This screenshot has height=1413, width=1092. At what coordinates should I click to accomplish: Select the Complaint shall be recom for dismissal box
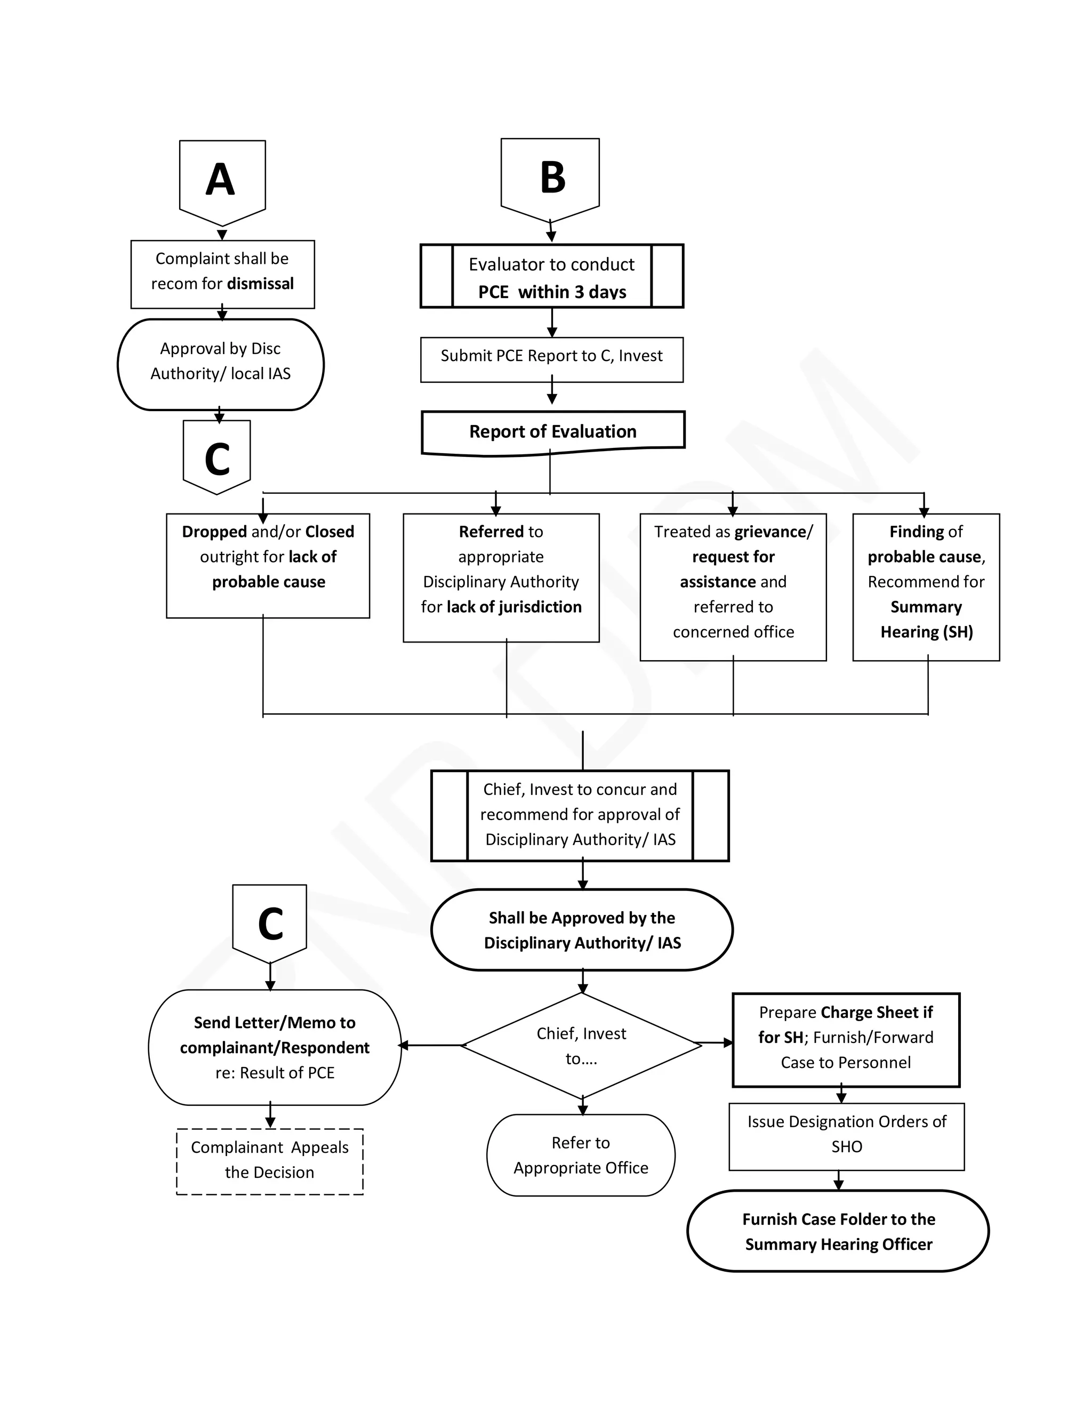pos(222,274)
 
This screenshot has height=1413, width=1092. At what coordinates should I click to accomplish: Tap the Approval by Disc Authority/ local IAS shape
pos(221,364)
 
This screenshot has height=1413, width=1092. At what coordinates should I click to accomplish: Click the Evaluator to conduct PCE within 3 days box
pos(551,276)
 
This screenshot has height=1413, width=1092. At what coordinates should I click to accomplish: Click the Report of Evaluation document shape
pos(552,431)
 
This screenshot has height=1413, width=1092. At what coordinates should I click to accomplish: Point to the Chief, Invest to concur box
pos(580,815)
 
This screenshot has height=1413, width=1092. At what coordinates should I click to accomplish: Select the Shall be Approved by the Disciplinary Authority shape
pos(582,930)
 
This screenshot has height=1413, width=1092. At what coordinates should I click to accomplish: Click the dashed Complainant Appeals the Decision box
pos(269,1161)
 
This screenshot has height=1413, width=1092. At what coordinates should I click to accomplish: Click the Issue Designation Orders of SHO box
pos(846,1136)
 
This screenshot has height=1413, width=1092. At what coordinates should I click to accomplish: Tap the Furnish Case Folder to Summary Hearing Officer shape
pos(838,1231)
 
